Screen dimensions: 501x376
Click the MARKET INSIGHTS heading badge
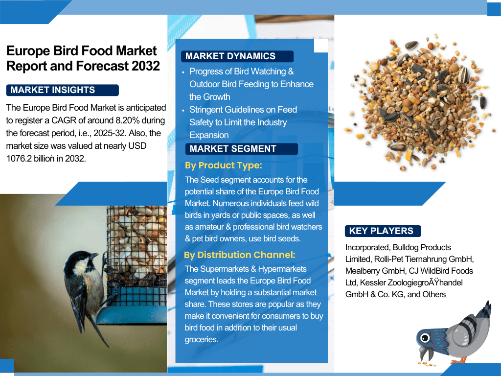(x=62, y=90)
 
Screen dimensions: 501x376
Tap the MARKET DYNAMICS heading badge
(x=237, y=56)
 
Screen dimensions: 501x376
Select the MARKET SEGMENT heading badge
(x=241, y=149)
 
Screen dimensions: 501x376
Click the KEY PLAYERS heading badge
(x=383, y=231)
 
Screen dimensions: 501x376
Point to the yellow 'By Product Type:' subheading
(x=223, y=165)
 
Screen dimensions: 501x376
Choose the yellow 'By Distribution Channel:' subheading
(x=239, y=255)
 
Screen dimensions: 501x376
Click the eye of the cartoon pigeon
(x=425, y=338)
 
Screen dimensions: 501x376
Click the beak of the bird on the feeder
(x=94, y=256)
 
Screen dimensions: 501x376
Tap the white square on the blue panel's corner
(x=321, y=46)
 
